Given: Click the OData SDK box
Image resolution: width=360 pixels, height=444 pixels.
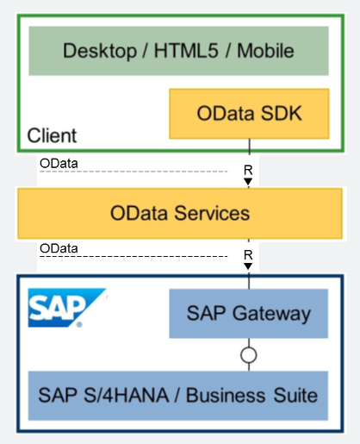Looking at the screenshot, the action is pyautogui.click(x=249, y=114).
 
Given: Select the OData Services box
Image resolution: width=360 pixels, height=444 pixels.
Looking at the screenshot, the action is pyautogui.click(x=180, y=214).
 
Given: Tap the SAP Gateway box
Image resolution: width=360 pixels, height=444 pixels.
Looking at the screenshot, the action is pyautogui.click(x=249, y=314).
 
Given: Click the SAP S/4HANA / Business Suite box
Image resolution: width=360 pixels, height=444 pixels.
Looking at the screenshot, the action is pyautogui.click(x=178, y=396).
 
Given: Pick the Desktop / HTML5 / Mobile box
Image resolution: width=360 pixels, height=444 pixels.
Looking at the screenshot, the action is pyautogui.click(x=178, y=51).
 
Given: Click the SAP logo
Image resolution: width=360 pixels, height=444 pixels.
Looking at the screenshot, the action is pyautogui.click(x=67, y=308).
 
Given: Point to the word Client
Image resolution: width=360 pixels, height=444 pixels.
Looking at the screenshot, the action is pyautogui.click(x=52, y=135).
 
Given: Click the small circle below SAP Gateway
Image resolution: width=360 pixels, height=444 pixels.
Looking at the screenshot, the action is pyautogui.click(x=249, y=355).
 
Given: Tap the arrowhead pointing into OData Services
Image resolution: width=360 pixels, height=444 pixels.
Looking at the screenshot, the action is pyautogui.click(x=248, y=182).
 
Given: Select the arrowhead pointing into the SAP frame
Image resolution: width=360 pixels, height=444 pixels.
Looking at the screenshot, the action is pyautogui.click(x=248, y=266).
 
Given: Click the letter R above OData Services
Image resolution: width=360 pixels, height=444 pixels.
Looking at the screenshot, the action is pyautogui.click(x=248, y=170).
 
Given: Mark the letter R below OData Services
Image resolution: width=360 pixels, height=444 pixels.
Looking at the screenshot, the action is pyautogui.click(x=248, y=255).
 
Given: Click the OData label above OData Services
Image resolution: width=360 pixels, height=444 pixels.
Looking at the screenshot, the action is pyautogui.click(x=59, y=164).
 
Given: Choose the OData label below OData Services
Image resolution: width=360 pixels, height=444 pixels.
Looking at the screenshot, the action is pyautogui.click(x=59, y=248).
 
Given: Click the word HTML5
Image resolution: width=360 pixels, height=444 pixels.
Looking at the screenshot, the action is pyautogui.click(x=186, y=51).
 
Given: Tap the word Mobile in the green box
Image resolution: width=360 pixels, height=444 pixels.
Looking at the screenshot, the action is pyautogui.click(x=265, y=51).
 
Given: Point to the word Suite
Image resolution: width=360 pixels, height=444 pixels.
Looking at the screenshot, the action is pyautogui.click(x=295, y=396).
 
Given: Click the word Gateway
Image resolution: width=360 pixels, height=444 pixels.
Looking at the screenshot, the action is pyautogui.click(x=271, y=314).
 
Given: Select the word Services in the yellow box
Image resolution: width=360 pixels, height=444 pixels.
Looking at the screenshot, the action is pyautogui.click(x=212, y=213).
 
